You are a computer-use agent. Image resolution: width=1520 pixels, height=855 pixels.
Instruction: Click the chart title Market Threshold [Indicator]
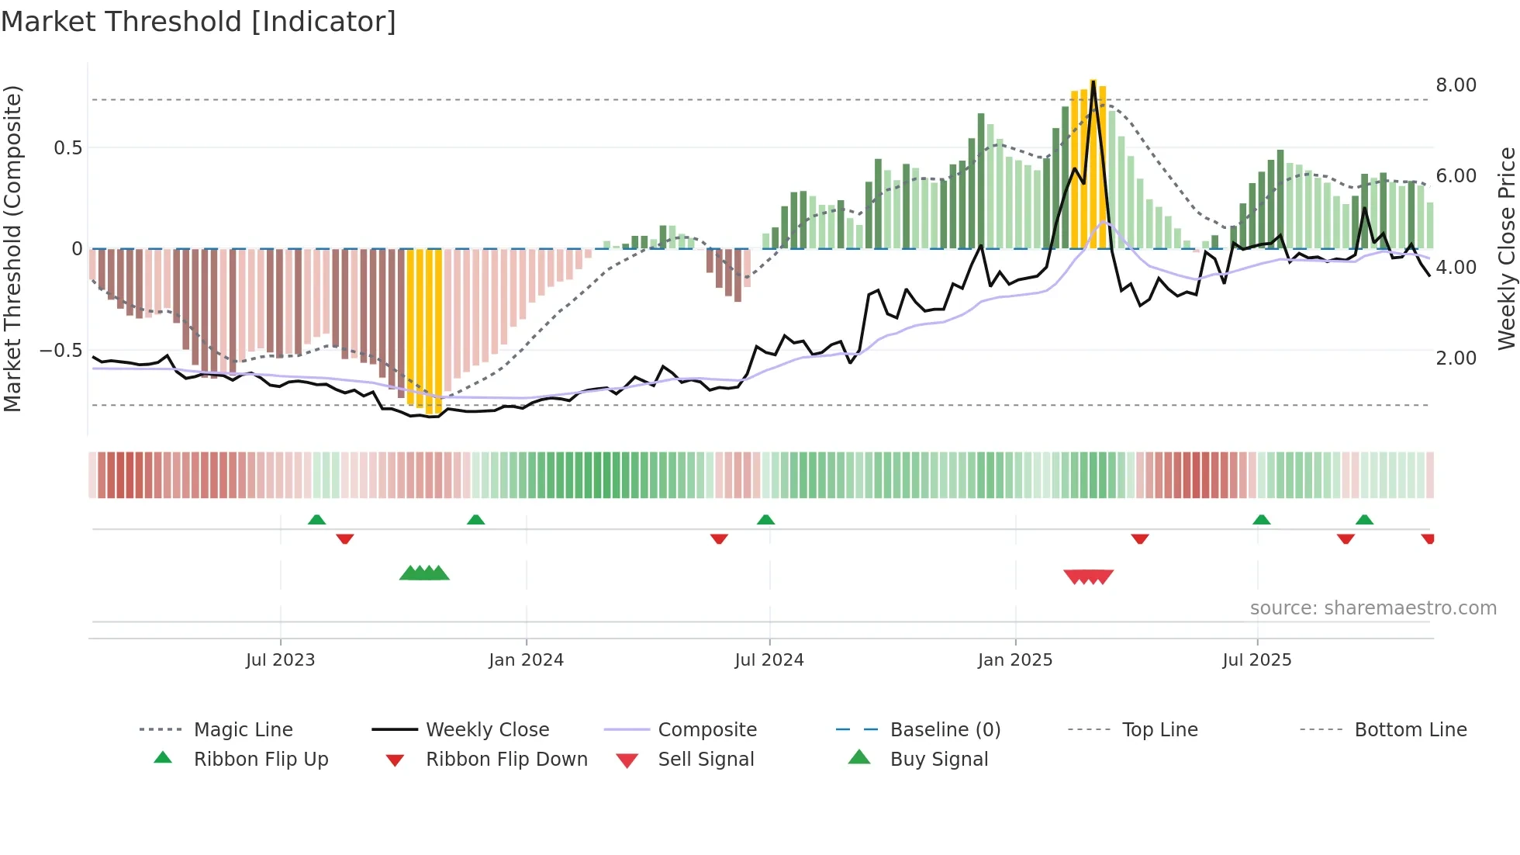[x=199, y=22]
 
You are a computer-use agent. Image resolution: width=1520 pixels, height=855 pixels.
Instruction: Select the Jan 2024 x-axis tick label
[x=526, y=660]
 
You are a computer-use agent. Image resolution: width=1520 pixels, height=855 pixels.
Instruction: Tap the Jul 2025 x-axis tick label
[x=1256, y=660]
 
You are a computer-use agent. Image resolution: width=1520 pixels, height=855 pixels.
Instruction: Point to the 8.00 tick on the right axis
[x=1456, y=85]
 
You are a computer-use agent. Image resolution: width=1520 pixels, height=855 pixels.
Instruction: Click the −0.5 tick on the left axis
[x=60, y=351]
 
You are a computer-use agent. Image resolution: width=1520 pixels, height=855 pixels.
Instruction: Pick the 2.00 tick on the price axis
[x=1456, y=358]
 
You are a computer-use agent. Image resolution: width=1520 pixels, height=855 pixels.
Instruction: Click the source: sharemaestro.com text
[x=1373, y=608]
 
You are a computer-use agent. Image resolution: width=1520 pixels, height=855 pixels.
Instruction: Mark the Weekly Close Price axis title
[x=1506, y=248]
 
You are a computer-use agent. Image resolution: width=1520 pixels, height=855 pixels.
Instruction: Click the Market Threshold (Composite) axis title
[x=12, y=248]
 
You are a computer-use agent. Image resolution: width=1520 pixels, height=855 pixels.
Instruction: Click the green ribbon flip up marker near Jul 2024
[x=765, y=520]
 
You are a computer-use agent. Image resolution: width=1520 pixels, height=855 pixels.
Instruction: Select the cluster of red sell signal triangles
[x=1088, y=576]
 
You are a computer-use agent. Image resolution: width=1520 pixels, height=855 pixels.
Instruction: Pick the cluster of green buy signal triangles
[x=424, y=573]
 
